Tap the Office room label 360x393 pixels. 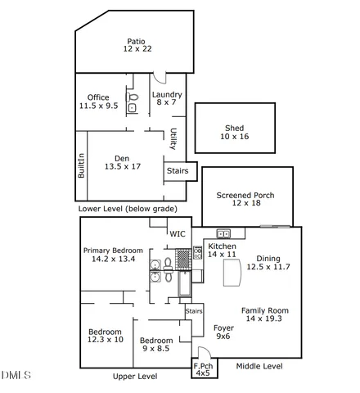(99, 102)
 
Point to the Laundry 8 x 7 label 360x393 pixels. (167, 98)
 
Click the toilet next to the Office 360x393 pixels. (133, 108)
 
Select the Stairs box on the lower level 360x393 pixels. (178, 171)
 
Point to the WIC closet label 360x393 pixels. (178, 234)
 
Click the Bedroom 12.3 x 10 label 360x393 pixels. (106, 335)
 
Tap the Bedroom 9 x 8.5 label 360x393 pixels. (155, 345)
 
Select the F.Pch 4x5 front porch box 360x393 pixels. (200, 368)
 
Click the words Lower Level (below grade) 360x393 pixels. (127, 209)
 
